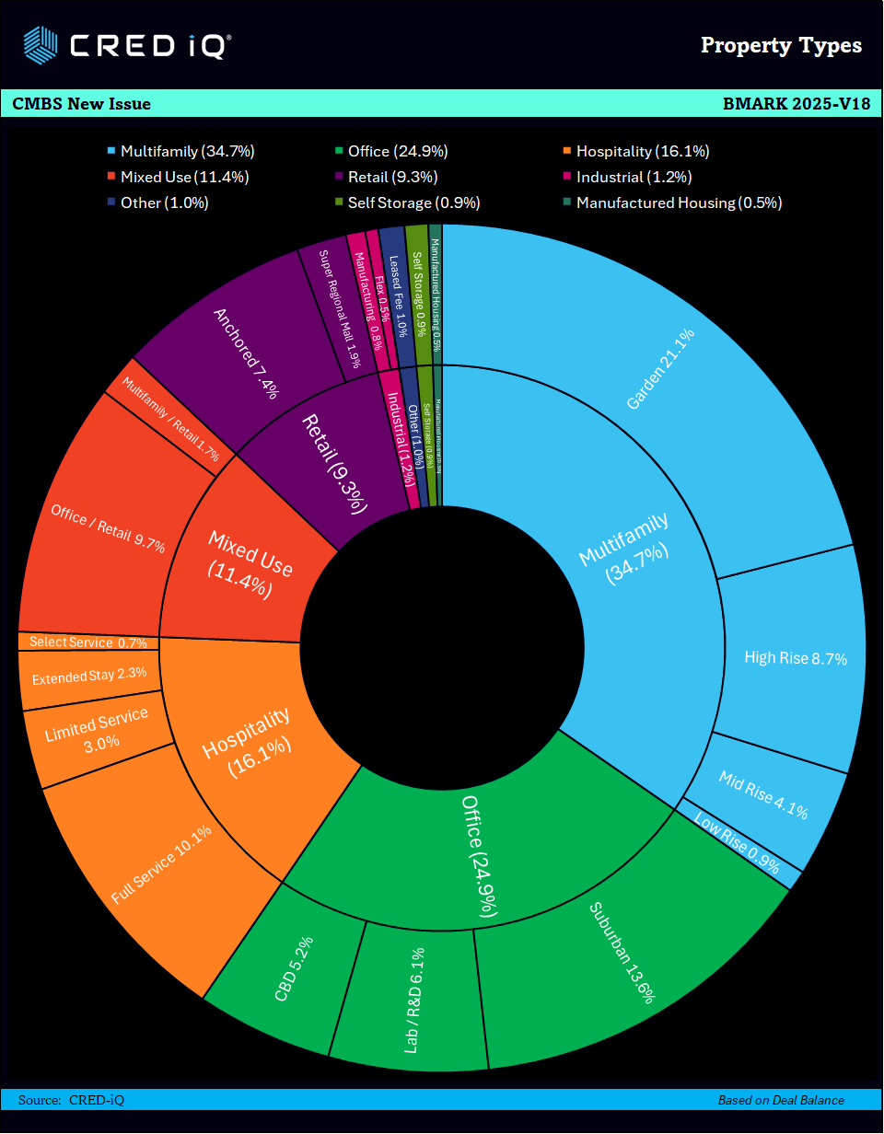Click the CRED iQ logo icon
(41, 44)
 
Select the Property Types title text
(781, 45)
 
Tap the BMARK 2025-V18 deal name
(797, 104)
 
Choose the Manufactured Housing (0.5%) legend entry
(678, 202)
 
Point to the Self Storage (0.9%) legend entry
(413, 202)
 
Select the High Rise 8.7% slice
(794, 657)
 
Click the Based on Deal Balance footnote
(781, 1100)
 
